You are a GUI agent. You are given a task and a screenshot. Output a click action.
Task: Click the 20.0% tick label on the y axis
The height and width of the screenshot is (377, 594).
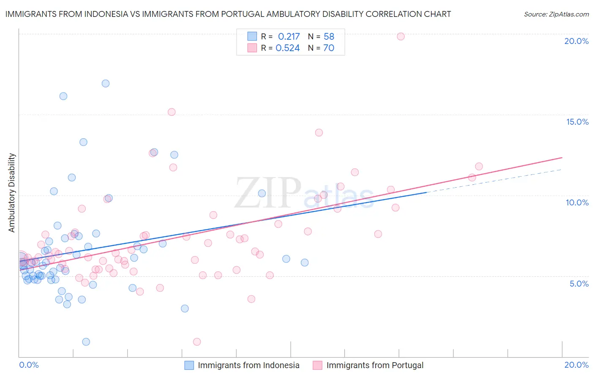coord(576,41)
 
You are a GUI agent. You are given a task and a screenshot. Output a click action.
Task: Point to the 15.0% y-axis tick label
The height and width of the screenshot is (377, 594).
coord(577,122)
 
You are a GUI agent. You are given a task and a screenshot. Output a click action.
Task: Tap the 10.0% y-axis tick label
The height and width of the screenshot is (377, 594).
coord(577,202)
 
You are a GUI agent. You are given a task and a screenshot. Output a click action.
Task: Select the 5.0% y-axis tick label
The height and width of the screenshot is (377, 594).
coord(579,284)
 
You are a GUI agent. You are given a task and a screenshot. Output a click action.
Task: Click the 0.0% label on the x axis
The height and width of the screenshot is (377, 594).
coord(29,365)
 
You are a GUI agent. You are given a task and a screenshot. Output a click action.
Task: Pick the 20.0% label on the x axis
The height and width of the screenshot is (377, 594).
coord(576,365)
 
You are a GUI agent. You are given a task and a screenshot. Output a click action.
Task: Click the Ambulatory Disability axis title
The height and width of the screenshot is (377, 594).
coord(12,193)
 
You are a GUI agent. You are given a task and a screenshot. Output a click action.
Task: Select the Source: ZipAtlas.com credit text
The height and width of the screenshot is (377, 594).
coord(556,14)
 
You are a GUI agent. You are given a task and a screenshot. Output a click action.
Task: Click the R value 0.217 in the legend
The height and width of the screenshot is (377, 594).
coord(289,36)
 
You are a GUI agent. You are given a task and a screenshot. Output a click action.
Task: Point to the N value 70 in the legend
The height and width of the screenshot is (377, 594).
coord(329,48)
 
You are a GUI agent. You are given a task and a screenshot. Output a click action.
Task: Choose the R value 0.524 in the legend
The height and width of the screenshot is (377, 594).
coord(288,48)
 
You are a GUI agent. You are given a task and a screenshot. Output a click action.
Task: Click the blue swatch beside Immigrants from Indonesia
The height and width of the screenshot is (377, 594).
coord(189,365)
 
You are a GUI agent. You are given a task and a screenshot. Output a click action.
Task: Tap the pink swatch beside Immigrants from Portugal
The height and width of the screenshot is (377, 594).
coord(317,365)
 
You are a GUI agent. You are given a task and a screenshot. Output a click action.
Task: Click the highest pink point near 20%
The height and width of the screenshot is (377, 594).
coord(401,36)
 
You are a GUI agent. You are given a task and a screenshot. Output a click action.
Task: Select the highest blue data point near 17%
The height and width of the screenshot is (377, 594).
coord(106,83)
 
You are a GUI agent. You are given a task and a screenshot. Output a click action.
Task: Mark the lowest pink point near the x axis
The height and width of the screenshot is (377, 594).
coord(196,341)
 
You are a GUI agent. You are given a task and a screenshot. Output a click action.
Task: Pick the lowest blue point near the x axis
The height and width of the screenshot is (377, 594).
coord(86,341)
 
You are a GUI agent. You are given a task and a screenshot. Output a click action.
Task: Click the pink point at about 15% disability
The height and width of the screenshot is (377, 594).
coord(172,112)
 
